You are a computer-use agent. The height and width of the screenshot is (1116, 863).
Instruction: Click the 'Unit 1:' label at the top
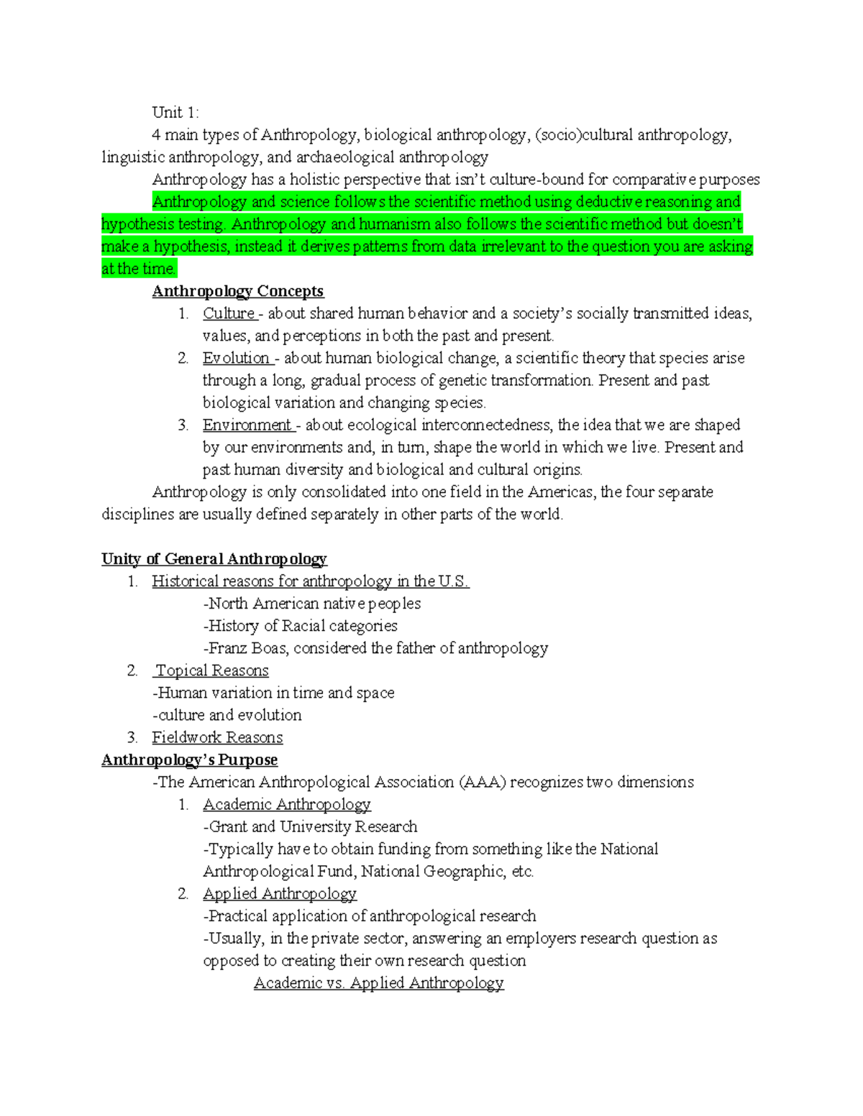point(175,112)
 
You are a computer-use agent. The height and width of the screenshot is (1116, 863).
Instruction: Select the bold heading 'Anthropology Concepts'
point(237,291)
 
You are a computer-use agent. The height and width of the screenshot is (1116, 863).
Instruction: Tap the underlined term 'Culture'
point(229,313)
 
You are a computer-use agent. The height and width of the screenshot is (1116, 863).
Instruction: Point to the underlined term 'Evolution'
point(236,358)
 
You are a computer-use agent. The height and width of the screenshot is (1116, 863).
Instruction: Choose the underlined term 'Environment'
point(247,425)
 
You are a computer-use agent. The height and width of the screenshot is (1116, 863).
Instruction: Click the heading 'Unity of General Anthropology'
point(214,559)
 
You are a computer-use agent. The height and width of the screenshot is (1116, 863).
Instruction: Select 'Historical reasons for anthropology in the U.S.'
point(310,581)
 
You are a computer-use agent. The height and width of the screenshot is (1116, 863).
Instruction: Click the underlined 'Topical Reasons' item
point(212,670)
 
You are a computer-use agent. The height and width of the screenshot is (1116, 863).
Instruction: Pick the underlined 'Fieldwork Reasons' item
point(217,737)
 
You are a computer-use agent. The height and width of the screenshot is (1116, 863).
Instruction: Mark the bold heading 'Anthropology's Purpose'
point(189,760)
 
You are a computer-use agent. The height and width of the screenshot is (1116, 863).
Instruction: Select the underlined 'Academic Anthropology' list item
point(286,804)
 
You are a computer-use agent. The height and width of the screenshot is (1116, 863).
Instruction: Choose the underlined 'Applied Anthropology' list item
point(279,893)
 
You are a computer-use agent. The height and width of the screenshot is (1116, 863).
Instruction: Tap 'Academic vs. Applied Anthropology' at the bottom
point(378,982)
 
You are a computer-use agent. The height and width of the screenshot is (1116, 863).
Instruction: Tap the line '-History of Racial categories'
point(300,626)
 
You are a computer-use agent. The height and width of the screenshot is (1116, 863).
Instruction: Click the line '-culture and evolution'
point(227,715)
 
